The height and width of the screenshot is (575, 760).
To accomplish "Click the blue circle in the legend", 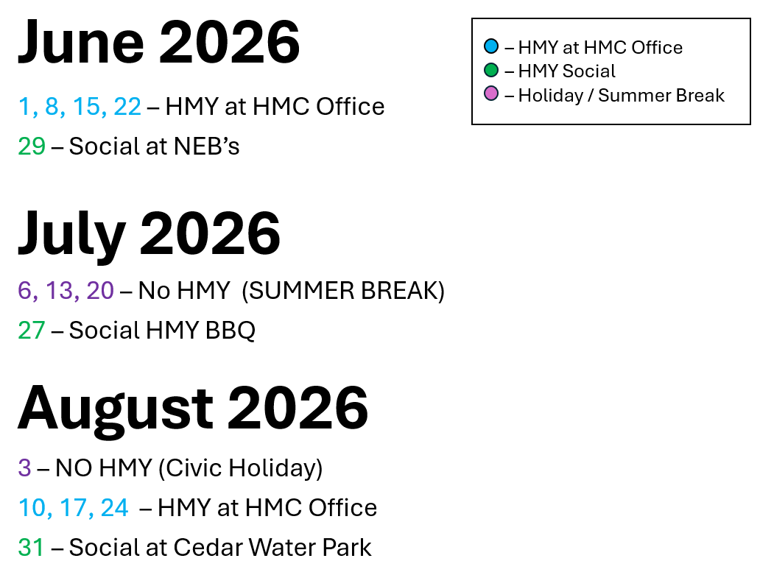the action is pyautogui.click(x=491, y=46).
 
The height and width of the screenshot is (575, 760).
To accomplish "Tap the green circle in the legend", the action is pyautogui.click(x=491, y=70).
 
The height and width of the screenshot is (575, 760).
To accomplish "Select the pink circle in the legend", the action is pyautogui.click(x=491, y=94).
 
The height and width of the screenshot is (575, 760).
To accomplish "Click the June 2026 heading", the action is pyautogui.click(x=159, y=43).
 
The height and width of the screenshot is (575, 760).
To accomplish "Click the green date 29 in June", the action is pyautogui.click(x=32, y=147).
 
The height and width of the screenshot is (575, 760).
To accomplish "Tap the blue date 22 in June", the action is pyautogui.click(x=127, y=107).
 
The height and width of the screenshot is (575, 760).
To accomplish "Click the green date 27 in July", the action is pyautogui.click(x=32, y=331).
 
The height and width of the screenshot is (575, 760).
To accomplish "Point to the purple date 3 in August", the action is pyautogui.click(x=25, y=468).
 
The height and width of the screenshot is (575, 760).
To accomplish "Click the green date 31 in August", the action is pyautogui.click(x=31, y=547).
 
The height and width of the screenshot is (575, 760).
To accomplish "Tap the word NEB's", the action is pyautogui.click(x=206, y=147).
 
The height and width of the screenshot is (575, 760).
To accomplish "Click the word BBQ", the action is pyautogui.click(x=231, y=331).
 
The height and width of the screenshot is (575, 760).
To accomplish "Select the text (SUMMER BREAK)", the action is pyautogui.click(x=343, y=291).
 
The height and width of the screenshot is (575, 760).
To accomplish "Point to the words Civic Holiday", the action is pyautogui.click(x=240, y=468).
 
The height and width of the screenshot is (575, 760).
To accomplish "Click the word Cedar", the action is pyautogui.click(x=208, y=547).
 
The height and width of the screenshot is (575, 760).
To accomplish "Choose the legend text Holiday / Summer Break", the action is pyautogui.click(x=622, y=96).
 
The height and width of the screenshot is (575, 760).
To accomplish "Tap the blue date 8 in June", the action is pyautogui.click(x=52, y=107).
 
